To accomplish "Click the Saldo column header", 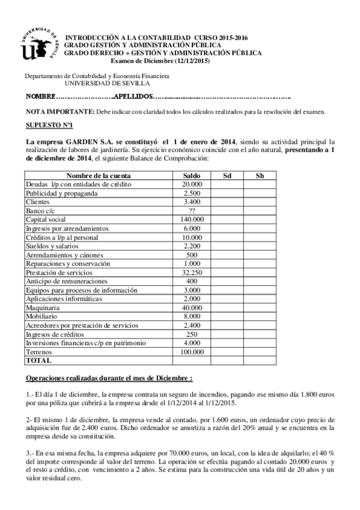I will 192,176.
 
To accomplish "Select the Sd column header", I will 227,176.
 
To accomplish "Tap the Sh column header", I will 260,176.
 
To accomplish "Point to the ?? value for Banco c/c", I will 192,211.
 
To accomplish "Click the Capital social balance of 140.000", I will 192,220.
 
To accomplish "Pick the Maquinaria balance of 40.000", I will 192,308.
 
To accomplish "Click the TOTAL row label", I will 38,361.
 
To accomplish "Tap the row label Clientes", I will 37,202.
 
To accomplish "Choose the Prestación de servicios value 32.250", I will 192,272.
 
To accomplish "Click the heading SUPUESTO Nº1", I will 49,125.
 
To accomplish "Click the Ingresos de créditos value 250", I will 192,334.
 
